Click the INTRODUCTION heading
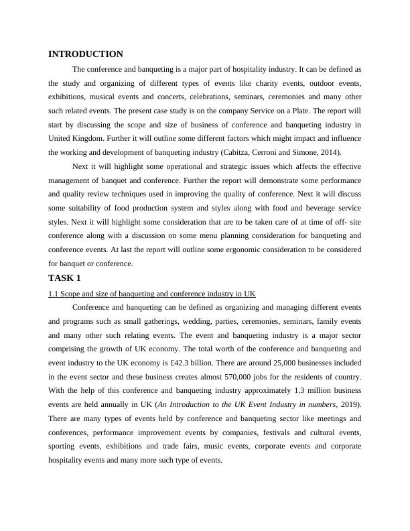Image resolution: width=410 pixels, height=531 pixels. point(86,54)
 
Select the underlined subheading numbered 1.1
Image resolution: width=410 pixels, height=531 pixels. point(152,294)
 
